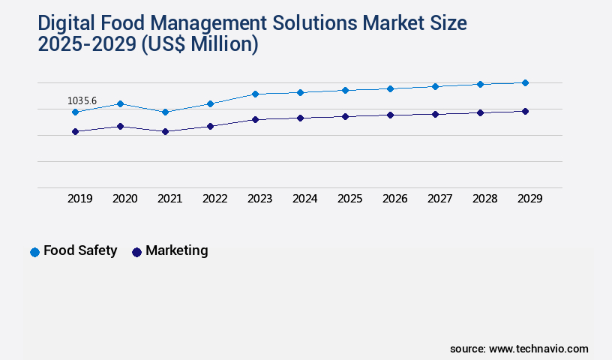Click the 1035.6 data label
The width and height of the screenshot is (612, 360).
82,100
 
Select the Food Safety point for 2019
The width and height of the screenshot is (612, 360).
75,112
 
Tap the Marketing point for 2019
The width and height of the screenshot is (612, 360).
75,131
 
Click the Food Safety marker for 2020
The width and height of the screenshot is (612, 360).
120,103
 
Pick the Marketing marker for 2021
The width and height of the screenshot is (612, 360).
165,131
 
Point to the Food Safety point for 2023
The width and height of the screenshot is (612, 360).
255,94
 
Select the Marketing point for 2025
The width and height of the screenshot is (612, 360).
345,116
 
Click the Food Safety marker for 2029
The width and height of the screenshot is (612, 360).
525,82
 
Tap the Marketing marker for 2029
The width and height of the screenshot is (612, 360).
525,111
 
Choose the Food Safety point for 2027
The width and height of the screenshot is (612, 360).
435,86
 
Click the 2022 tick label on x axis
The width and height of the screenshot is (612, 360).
214,199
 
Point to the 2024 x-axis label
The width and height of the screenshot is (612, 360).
304,199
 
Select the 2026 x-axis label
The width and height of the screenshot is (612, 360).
394,199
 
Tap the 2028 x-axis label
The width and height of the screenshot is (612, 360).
484,199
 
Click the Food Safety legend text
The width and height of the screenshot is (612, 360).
80,250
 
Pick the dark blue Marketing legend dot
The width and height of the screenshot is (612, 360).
136,252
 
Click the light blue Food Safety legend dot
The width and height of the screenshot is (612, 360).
34,252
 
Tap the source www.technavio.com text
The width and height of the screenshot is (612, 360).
519,349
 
